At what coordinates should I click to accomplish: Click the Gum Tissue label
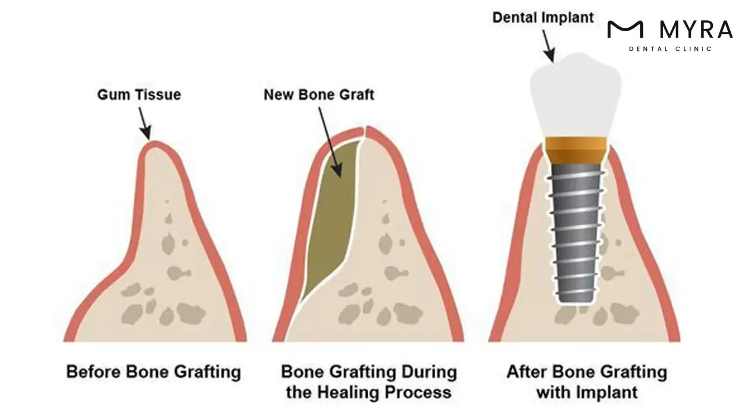[139, 94]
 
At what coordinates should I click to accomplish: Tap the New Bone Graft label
[319, 94]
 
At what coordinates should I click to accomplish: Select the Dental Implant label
[543, 17]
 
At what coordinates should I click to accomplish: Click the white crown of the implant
[575, 98]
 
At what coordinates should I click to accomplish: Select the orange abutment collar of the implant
[576, 150]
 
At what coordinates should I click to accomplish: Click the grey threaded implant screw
[576, 231]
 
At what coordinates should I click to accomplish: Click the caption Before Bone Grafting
[153, 371]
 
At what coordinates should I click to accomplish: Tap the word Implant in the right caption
[610, 392]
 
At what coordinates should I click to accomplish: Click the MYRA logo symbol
[625, 29]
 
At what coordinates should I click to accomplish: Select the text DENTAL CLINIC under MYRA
[670, 49]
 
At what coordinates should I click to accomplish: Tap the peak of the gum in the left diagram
[151, 144]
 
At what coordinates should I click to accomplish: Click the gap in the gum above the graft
[362, 132]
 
